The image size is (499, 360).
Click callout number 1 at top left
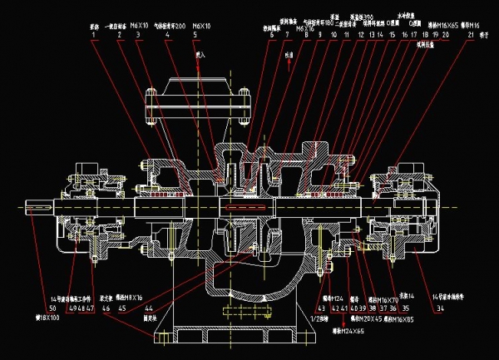pyautogui.click(x=93, y=36)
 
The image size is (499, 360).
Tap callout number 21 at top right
pyautogui.click(x=472, y=36)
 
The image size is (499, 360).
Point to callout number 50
pyautogui.click(x=52, y=308)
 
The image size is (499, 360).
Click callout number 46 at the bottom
pyautogui.click(x=106, y=308)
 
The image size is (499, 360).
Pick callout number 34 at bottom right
pyautogui.click(x=441, y=308)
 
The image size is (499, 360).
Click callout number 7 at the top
pyautogui.click(x=288, y=36)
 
